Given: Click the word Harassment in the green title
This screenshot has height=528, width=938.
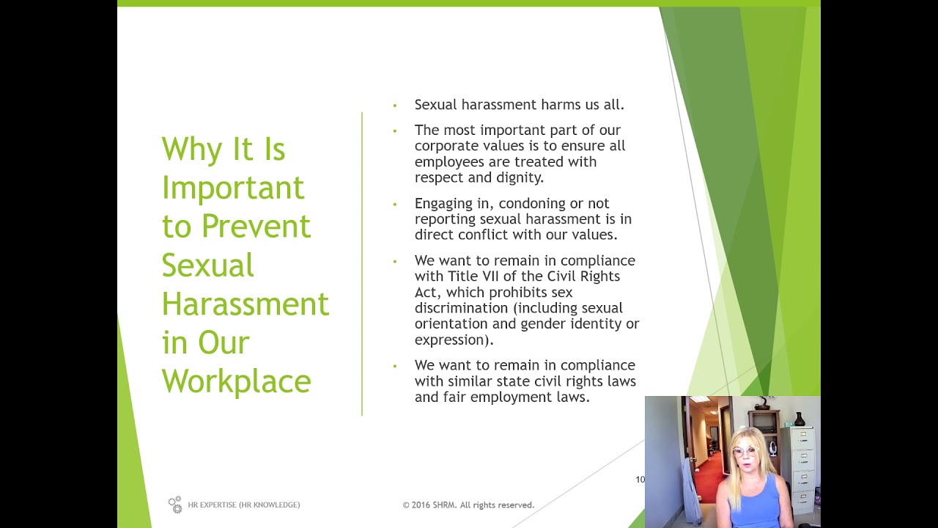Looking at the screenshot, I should [245, 304].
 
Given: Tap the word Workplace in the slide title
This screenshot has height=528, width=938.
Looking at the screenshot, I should [236, 381].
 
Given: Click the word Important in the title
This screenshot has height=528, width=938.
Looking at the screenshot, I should [232, 188].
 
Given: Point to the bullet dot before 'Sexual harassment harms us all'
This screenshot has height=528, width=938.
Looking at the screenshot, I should [395, 106].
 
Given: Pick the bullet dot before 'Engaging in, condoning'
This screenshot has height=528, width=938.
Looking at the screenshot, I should [395, 205].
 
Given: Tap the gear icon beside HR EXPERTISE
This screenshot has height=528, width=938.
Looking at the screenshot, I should [175, 505].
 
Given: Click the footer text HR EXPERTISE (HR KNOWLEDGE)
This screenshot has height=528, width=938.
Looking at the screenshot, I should [243, 505].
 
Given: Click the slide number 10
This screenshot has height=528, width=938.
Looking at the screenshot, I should [640, 480].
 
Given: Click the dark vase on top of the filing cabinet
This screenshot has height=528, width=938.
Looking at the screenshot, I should [799, 419].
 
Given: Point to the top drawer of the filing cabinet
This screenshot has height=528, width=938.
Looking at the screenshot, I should [802, 440].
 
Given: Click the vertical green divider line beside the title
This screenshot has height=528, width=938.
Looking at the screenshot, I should [362, 264].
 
